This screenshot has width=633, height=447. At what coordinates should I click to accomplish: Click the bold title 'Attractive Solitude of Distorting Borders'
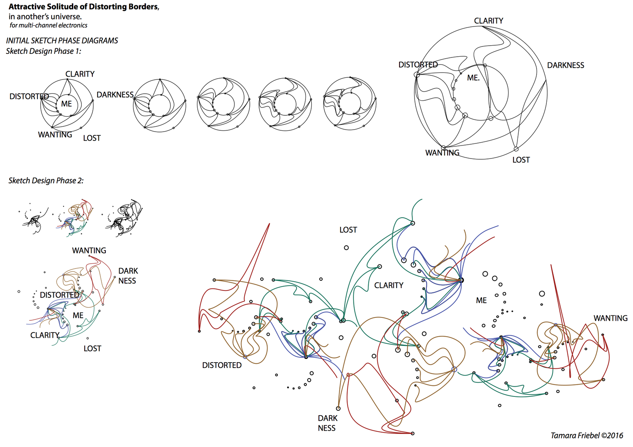coord(83,7)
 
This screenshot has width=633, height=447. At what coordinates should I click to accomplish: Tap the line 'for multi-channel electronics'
coord(48,25)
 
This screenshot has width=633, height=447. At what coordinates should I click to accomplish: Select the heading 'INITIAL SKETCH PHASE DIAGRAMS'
coord(62,40)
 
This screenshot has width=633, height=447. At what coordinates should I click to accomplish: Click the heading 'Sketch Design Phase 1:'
coord(44,51)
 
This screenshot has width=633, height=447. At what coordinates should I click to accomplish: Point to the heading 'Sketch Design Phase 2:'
coord(46,181)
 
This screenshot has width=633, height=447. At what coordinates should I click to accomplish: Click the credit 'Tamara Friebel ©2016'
coord(587,436)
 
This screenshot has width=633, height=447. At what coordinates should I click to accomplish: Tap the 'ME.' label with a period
coord(473,78)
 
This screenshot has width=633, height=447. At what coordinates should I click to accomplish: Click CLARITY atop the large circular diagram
coord(488,21)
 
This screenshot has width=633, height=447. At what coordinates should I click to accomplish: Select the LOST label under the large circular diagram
coord(521,160)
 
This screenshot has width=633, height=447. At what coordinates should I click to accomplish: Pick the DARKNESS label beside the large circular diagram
coord(565,65)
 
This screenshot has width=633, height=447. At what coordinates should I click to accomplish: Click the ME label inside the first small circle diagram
coord(66,104)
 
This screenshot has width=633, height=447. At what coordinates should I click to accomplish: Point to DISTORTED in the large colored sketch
coord(222,365)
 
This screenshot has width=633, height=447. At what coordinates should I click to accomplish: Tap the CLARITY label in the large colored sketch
coord(389,285)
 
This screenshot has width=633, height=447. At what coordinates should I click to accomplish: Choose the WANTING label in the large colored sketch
coord(610,318)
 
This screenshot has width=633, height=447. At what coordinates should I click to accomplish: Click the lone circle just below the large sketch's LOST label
coord(346,248)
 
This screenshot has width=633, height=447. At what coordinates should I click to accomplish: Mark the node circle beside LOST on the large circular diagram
coord(516,149)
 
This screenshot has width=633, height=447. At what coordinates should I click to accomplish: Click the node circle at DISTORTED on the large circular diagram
coord(417,75)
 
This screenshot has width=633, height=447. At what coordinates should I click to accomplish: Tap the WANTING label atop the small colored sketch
coord(89,251)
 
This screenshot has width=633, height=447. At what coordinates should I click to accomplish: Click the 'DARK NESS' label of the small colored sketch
coord(128,276)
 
